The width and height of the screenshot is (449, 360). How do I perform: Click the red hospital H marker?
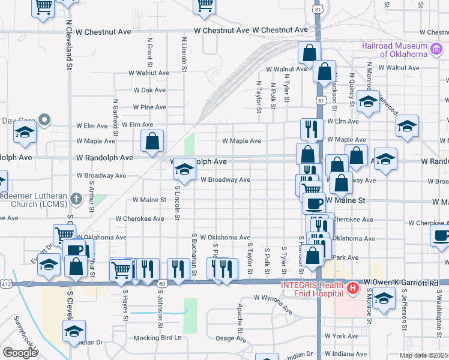point(352,289)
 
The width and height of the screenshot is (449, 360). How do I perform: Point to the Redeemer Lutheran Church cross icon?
point(76,198)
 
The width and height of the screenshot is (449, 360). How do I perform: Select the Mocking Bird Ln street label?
point(157,337)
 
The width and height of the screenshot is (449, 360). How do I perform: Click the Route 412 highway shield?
point(6,283)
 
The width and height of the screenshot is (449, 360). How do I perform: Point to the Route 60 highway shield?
point(162,282)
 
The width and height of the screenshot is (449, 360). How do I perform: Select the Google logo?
point(20,353)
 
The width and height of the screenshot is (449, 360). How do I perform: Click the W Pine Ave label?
point(149,107)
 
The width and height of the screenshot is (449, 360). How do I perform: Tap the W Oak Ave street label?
point(149,90)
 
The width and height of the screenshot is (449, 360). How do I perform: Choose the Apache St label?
point(240,318)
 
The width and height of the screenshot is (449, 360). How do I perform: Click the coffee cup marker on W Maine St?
point(313,203)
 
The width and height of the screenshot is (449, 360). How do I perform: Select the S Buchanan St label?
point(194,256)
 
